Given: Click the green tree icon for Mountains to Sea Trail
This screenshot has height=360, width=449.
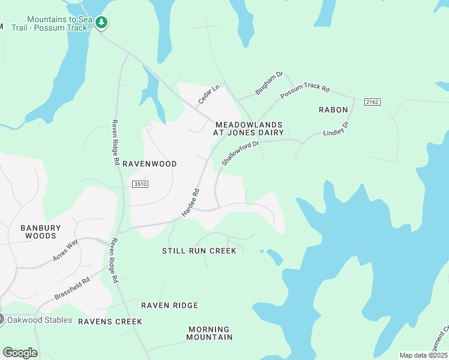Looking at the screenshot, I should (x=101, y=23).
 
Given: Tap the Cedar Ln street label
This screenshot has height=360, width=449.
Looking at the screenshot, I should (x=209, y=94).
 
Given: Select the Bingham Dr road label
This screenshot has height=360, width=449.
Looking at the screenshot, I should (x=269, y=83).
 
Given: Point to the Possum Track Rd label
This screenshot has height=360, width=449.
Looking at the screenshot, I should (x=305, y=92).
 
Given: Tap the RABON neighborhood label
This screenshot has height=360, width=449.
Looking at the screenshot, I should (x=333, y=110).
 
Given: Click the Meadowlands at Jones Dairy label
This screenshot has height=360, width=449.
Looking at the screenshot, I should (x=249, y=129).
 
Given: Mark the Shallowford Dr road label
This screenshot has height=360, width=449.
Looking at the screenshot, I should (x=240, y=153).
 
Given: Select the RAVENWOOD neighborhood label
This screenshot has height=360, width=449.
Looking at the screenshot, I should (x=149, y=163).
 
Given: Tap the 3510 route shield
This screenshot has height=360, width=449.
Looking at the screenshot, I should (x=140, y=185).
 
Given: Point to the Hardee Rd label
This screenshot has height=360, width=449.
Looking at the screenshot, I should (x=190, y=203).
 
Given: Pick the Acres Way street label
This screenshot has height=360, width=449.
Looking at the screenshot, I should (x=65, y=250).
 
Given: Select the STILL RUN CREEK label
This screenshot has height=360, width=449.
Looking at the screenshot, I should (x=199, y=250).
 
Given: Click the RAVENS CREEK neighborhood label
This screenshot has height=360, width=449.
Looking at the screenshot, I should (x=110, y=322).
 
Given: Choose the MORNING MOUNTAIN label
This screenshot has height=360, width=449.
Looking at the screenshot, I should (x=209, y=333).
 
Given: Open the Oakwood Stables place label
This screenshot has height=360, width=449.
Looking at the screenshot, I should (x=39, y=320).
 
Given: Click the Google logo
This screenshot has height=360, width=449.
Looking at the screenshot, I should (x=20, y=352).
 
